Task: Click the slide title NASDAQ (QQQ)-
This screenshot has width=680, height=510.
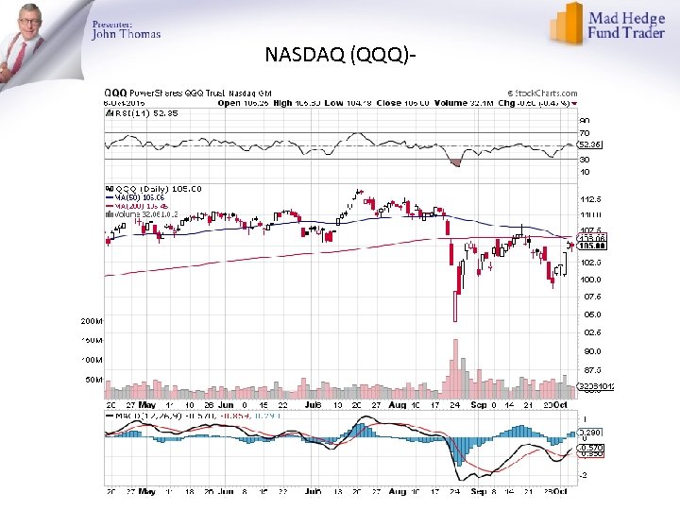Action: coord(340,56)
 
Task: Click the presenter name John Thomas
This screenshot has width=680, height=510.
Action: coord(126,34)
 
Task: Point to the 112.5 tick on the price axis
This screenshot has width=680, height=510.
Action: coord(590,199)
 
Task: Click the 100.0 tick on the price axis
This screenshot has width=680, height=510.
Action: coord(590,280)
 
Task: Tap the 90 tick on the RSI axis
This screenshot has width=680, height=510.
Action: coord(584,120)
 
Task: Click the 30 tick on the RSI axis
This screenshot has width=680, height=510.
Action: coord(584,159)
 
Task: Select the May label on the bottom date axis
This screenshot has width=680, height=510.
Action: coord(145,492)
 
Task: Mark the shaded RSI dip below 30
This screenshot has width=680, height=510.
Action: coord(457,161)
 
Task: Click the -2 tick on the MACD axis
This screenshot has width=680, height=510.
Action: coord(584,475)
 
